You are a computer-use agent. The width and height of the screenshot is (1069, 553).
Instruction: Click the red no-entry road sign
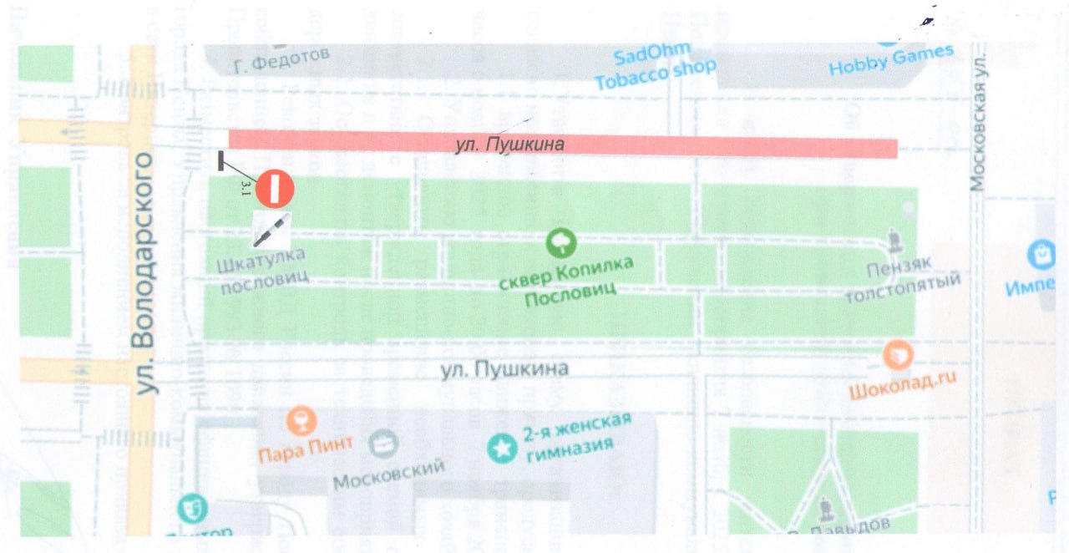click(275, 188)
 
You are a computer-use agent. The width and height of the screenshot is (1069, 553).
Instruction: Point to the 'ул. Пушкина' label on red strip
click(510, 145)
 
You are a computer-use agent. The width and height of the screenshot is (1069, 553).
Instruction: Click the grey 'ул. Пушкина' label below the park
click(504, 368)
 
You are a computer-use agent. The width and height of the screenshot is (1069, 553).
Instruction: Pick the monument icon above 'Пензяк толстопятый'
click(895, 242)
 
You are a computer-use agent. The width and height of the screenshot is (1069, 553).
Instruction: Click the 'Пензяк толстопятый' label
click(902, 283)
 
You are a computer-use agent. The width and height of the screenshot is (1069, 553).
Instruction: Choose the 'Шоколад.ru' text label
click(901, 387)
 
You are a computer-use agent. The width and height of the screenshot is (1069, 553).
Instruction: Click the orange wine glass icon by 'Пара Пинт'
click(298, 419)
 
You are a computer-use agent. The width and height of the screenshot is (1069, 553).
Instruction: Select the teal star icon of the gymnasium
click(501, 449)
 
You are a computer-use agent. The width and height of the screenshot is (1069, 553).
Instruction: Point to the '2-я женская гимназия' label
click(576, 434)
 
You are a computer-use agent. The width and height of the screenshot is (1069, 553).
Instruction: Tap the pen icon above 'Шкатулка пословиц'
click(272, 229)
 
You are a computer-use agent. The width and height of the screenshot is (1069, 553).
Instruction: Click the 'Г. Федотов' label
click(282, 59)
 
